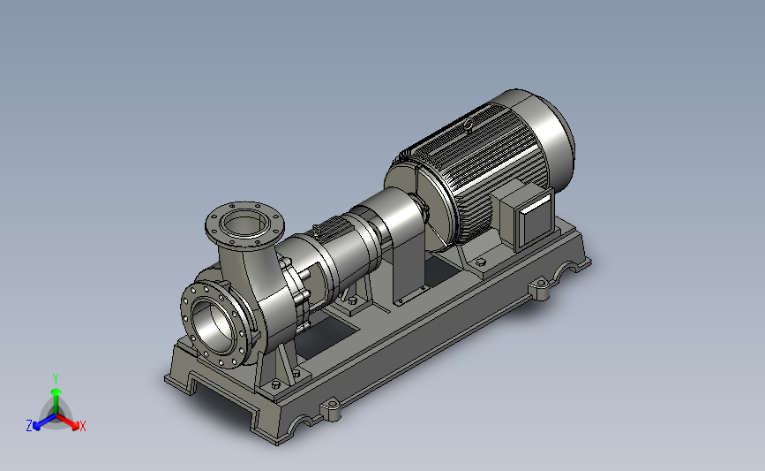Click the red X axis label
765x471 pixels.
(x=82, y=426)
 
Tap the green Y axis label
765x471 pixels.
(x=56, y=379)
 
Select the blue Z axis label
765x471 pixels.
(x=29, y=426)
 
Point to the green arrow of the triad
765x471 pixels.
(x=56, y=400)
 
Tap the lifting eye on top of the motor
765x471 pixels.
(x=469, y=125)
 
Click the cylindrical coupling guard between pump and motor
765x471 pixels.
(x=390, y=215)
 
